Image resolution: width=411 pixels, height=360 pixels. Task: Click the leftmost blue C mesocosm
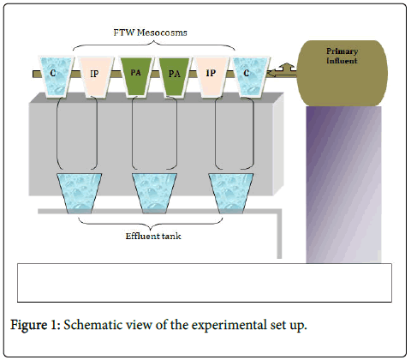[x=56, y=77]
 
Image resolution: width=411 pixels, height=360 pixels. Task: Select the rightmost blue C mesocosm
[x=251, y=77]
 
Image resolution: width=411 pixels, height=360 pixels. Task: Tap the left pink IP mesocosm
[x=96, y=77]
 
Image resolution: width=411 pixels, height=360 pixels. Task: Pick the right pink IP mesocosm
[x=211, y=77]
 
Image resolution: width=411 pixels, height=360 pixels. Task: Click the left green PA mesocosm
[x=136, y=77]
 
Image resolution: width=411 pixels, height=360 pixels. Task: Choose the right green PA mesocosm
[x=174, y=77]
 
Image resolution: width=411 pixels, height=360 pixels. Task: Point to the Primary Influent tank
[x=342, y=73]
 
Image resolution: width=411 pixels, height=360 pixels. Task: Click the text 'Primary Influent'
[x=342, y=56]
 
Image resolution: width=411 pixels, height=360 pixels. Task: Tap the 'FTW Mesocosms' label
[x=150, y=33]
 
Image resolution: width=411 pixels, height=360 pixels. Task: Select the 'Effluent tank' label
[x=153, y=236]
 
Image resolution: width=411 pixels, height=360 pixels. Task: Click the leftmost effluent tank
[x=80, y=194]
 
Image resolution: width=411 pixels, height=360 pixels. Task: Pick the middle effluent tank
[x=154, y=194]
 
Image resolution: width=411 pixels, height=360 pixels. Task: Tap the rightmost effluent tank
[x=231, y=194]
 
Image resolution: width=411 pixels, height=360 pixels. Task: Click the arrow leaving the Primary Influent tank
[x=283, y=71]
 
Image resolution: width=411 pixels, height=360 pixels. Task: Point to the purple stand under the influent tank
[x=343, y=184]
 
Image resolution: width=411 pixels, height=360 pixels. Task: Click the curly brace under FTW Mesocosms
[x=154, y=45]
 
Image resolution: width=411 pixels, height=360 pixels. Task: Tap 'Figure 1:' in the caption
[x=35, y=325]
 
